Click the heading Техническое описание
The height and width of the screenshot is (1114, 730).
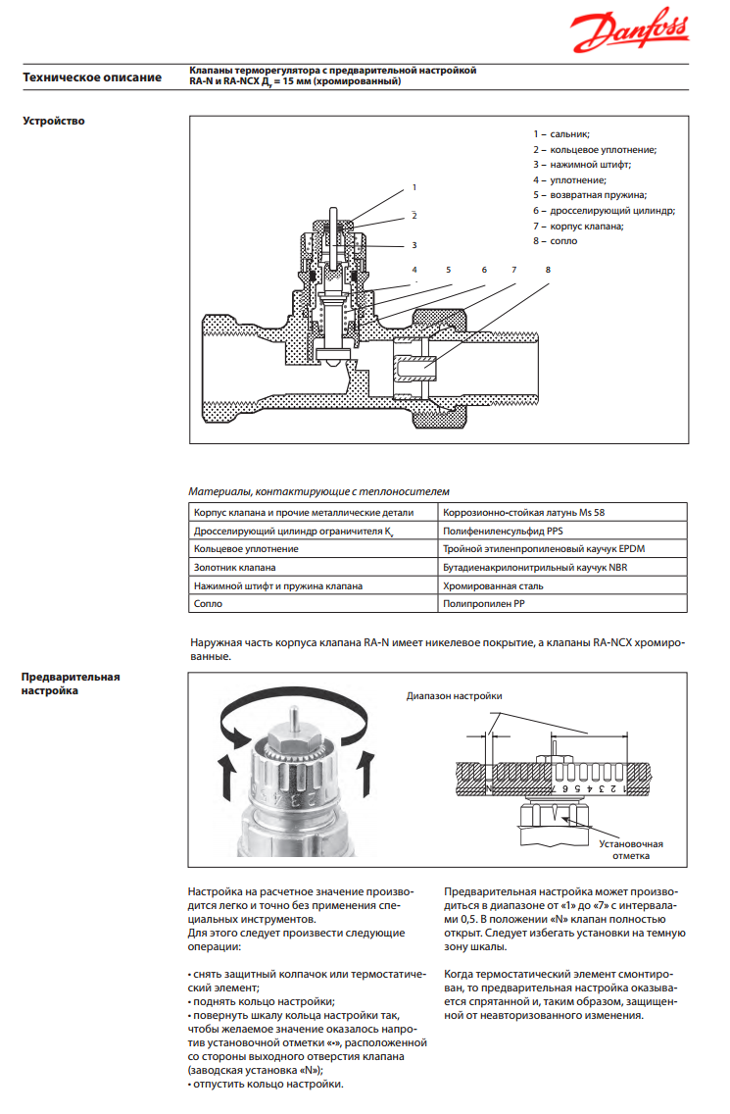point(92,76)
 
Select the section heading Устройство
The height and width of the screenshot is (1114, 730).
point(54,121)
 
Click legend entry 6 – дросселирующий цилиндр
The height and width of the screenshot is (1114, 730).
point(604,210)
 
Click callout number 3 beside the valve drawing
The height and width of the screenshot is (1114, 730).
point(414,245)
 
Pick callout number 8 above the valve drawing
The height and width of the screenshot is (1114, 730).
point(548,269)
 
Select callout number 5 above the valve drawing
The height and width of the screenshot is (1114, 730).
point(448,269)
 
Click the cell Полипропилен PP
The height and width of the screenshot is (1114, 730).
point(484,604)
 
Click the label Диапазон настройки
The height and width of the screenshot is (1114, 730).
point(455,696)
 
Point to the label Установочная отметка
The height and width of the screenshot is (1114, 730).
point(632,849)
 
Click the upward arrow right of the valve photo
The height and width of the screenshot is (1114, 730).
point(368,775)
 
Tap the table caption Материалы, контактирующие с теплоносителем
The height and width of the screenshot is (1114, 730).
point(318,490)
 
